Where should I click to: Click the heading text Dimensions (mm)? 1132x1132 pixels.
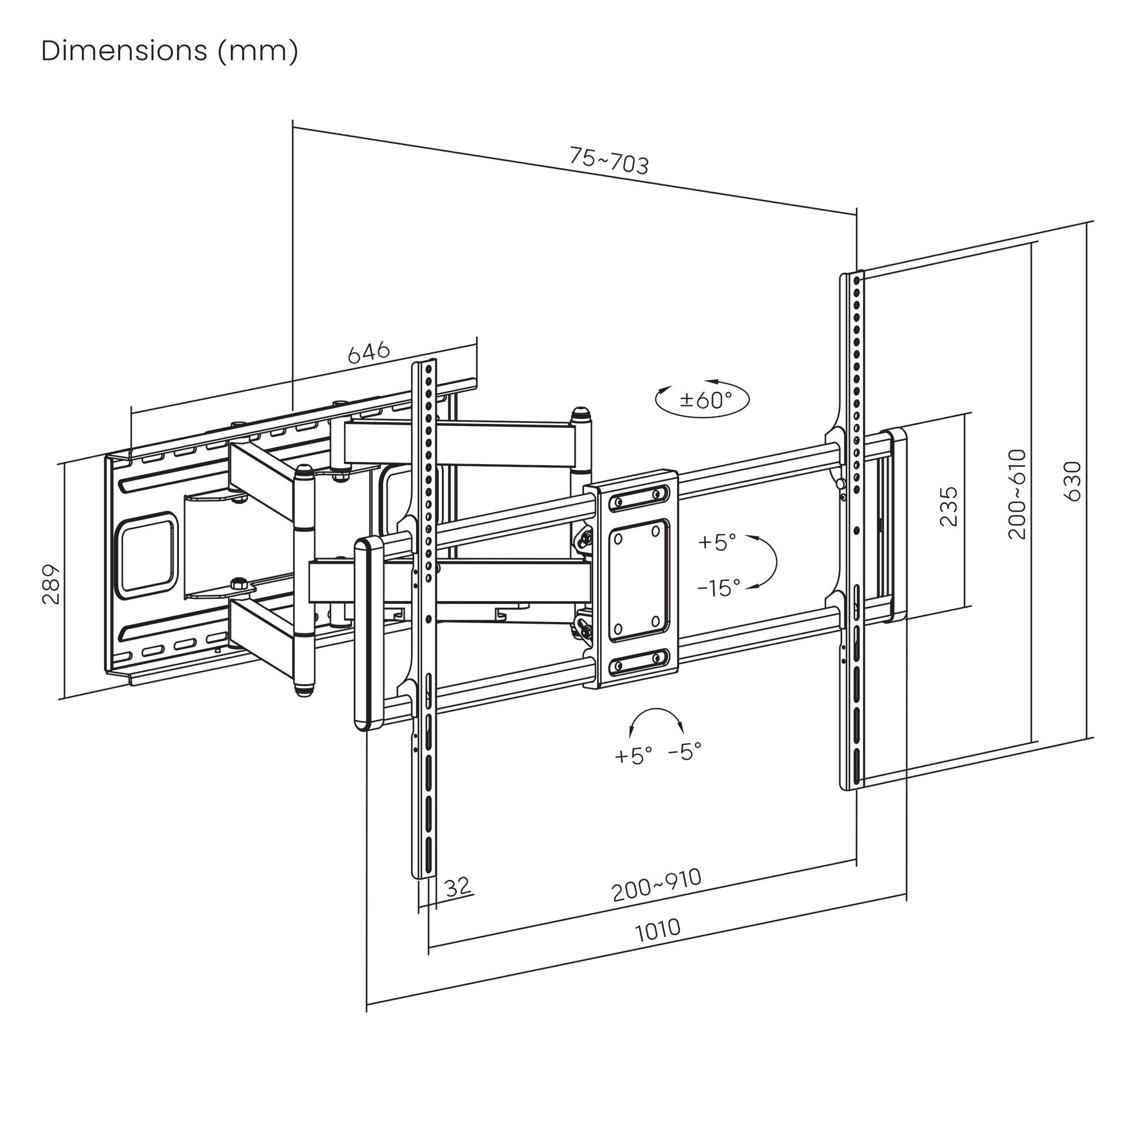click(170, 52)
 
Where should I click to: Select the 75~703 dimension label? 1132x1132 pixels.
click(609, 161)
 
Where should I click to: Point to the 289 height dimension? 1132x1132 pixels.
click(52, 584)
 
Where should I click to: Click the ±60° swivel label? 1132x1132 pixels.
click(705, 400)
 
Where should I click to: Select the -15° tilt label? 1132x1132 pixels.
click(718, 588)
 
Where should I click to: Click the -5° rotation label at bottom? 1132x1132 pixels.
click(684, 751)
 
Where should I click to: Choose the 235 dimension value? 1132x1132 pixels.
click(948, 506)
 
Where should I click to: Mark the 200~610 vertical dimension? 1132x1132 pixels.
click(1017, 494)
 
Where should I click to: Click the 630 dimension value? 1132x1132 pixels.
click(1072, 481)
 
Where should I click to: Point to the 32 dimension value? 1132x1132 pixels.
click(457, 886)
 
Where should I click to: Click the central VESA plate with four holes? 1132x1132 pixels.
click(638, 580)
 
